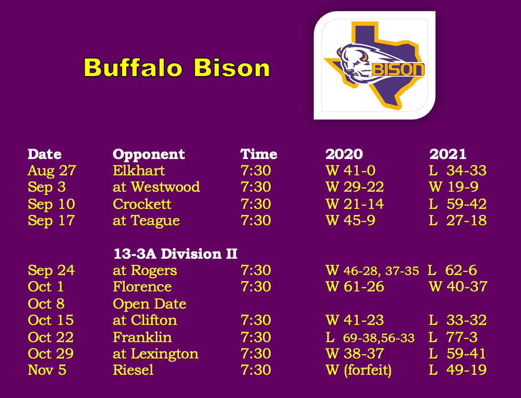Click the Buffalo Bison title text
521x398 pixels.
click(177, 67)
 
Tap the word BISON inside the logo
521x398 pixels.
click(398, 70)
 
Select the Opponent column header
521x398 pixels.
click(149, 154)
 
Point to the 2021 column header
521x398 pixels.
click(448, 154)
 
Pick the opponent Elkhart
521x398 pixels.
click(139, 170)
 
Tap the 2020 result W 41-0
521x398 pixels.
click(350, 170)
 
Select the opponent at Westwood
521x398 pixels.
click(156, 187)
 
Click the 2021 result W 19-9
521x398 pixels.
click(454, 187)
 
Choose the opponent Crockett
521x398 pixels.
click(142, 204)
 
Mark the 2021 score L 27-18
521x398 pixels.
click(458, 220)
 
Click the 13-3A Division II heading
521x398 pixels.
click(176, 254)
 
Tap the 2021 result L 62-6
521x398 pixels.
click(452, 270)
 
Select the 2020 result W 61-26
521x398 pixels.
click(355, 287)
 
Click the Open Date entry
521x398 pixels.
click(150, 304)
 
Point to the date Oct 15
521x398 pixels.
click(51, 320)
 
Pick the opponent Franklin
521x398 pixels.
click(142, 337)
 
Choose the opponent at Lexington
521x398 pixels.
click(156, 354)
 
